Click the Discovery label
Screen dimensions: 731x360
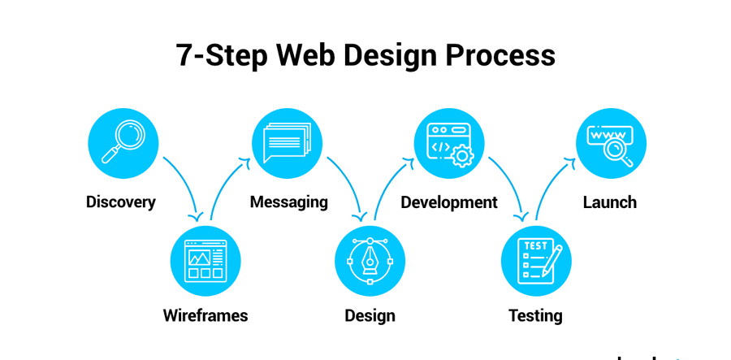point(121,202)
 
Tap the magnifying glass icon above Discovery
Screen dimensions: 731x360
point(123,141)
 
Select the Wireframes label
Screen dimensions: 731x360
point(205,315)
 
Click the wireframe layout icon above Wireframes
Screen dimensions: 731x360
point(205,261)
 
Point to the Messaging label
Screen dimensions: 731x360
point(289,202)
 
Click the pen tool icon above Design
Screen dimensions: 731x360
point(370,261)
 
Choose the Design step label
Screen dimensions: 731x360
point(370,315)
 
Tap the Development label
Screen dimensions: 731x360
point(449,202)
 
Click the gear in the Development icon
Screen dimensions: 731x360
point(462,156)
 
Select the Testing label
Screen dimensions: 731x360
point(535,315)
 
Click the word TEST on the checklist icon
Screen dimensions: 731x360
point(536,245)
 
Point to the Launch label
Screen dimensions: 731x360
point(610,202)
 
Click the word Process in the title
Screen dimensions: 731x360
point(500,55)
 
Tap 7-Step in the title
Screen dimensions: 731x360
point(222,56)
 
